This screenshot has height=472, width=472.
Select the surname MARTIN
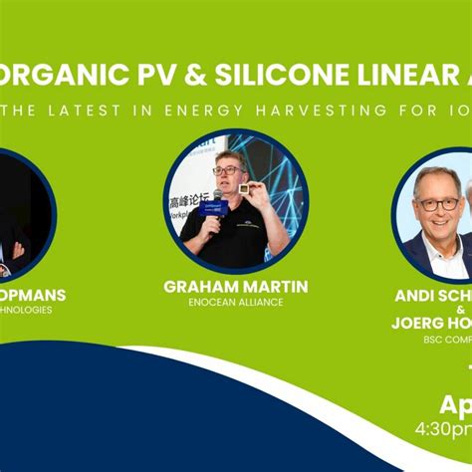274,287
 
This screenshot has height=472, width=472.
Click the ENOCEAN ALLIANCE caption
235,302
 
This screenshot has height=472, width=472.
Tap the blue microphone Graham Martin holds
214,206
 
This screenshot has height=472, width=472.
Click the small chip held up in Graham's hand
243,188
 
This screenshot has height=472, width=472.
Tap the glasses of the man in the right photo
438,204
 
